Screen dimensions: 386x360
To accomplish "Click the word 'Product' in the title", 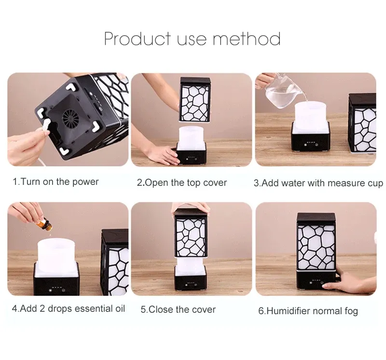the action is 138,39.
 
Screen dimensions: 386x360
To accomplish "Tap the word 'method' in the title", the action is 247,39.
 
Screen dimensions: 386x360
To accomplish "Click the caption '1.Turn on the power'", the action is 55,182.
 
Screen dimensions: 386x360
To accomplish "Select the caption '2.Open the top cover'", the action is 182,183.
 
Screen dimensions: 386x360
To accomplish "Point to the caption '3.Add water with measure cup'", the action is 318,183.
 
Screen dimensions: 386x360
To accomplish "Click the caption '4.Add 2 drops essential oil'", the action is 69,308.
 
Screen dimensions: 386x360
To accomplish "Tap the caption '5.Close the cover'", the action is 178,309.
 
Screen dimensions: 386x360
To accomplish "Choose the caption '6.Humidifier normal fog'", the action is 308,311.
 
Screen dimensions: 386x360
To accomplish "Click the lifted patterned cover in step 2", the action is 196,99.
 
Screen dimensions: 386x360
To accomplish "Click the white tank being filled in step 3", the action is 311,112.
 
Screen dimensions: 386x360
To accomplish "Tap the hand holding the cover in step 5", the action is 191,208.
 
